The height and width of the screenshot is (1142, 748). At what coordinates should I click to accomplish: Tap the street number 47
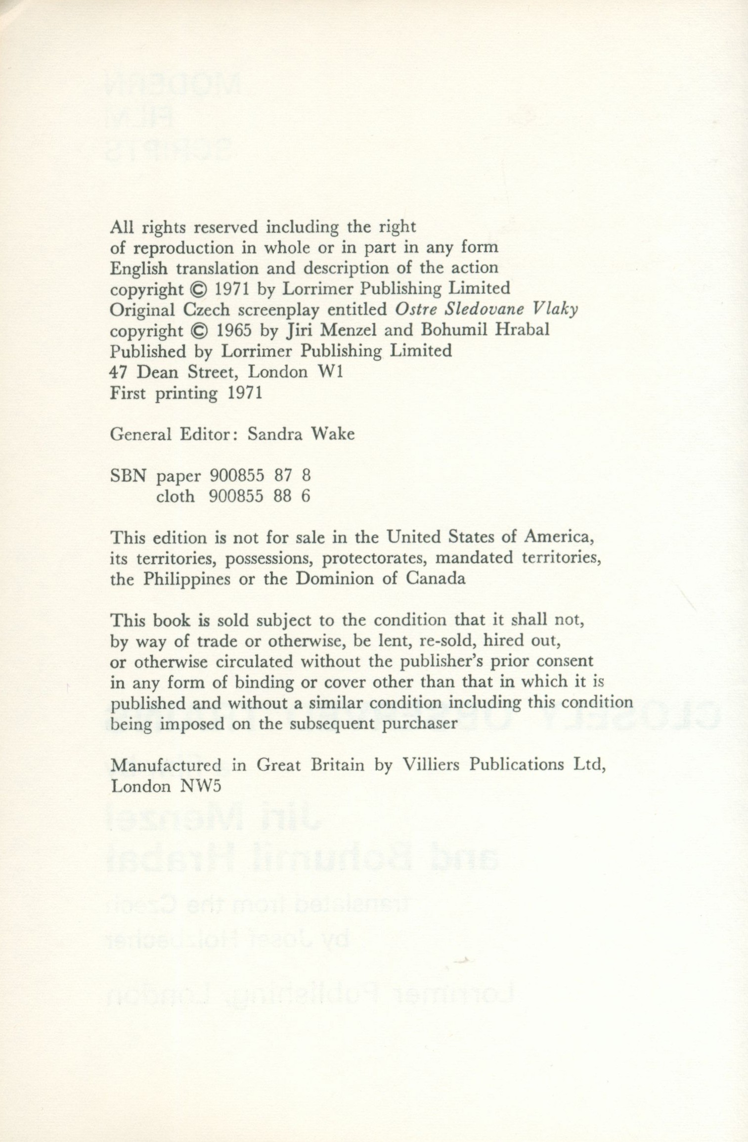[x=117, y=372]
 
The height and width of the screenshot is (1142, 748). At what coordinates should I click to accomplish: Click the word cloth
[x=176, y=496]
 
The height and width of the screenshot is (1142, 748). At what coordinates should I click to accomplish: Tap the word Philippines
[x=186, y=579]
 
